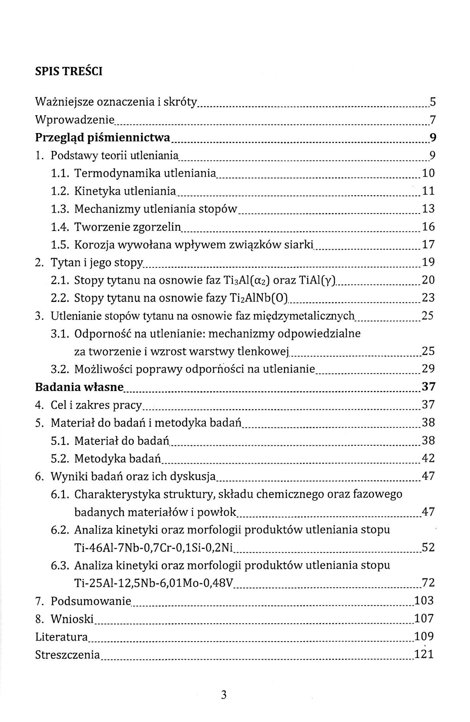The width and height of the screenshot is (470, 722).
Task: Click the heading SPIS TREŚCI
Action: click(69, 71)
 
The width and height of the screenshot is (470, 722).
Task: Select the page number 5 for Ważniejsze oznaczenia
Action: click(433, 102)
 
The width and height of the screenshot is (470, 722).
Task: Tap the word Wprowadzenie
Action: click(74, 120)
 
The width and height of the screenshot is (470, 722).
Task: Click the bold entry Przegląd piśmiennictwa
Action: click(103, 138)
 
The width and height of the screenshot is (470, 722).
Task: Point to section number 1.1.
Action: click(60, 174)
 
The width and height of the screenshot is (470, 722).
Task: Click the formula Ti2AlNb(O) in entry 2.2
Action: click(258, 298)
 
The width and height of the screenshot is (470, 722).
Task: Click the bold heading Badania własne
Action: click(79, 387)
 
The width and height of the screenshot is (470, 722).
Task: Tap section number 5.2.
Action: click(60, 458)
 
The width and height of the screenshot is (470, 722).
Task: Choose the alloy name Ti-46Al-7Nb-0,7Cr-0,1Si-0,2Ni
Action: click(154, 548)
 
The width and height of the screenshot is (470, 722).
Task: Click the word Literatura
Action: click(61, 637)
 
